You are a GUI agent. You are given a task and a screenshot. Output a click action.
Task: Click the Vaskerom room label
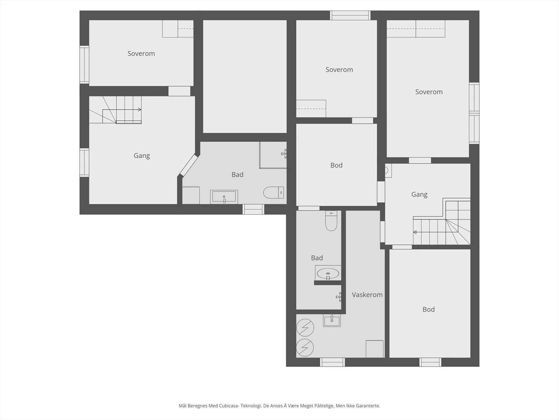tap(367, 295)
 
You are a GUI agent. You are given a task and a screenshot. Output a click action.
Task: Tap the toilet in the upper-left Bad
tap(273, 192)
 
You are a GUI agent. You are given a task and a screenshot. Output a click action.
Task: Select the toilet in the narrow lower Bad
tap(331, 221)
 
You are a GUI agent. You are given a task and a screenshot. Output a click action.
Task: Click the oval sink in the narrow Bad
tap(328, 274)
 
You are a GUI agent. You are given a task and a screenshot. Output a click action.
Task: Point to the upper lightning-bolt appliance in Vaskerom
tap(305, 328)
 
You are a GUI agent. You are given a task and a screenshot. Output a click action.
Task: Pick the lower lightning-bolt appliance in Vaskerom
tap(305, 348)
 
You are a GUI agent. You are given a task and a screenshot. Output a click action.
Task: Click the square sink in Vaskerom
tap(332, 321)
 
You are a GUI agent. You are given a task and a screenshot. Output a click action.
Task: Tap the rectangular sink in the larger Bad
tap(224, 197)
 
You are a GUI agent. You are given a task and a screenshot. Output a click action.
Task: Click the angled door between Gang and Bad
tap(189, 165)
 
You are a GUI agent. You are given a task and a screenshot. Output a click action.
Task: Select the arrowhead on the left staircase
tap(139, 110)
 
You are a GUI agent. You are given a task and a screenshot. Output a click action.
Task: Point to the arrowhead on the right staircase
tap(415, 232)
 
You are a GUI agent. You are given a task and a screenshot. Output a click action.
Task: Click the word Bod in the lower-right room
tap(429, 309)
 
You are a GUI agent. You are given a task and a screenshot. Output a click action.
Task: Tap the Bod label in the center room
tap(336, 165)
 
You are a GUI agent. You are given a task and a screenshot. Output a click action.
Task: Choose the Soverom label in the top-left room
tap(141, 54)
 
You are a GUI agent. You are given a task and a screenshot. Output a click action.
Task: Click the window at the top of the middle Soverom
tap(350, 15)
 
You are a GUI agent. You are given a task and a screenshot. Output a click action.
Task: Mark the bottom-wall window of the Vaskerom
tap(332, 362)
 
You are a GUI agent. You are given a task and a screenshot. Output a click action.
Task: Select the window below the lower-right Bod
tap(430, 362)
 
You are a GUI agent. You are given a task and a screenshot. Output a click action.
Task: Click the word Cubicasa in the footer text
tap(230, 406)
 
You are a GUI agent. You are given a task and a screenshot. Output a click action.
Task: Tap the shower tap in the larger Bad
tap(284, 154)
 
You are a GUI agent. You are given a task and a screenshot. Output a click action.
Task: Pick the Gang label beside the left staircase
tap(141, 156)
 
